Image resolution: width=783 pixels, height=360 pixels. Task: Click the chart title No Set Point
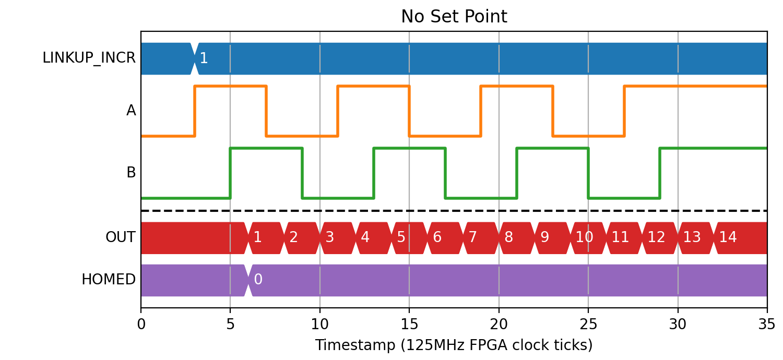pos(454,16)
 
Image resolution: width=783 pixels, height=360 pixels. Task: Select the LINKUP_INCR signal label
pos(89,58)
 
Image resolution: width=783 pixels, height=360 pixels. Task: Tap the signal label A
pos(131,111)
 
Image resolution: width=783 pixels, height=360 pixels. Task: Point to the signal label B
pos(131,173)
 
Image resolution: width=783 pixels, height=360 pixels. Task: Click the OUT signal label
pos(120,237)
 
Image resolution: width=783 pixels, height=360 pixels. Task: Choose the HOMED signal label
pos(109,280)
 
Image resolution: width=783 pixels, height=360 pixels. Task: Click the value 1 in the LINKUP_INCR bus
pos(204,58)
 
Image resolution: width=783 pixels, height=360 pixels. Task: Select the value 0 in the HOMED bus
pos(258,279)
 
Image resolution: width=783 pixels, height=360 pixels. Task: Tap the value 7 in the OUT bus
pos(472,237)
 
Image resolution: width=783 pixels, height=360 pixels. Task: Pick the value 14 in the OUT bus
pos(728,237)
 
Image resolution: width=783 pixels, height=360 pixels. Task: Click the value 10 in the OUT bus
pos(584,237)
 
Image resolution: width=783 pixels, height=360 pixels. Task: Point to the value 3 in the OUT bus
pos(329,237)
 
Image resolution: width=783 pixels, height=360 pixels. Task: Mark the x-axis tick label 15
pos(409,325)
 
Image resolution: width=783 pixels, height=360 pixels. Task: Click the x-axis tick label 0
pos(141,325)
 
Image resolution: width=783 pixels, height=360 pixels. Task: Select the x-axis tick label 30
pos(678,325)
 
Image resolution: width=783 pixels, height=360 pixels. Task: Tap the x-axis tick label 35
pos(767,325)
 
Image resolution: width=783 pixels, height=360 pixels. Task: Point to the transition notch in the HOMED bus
pos(248,280)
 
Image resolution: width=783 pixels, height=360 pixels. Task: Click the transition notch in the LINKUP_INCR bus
pos(195,59)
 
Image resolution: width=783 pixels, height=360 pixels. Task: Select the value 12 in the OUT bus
pos(656,237)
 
